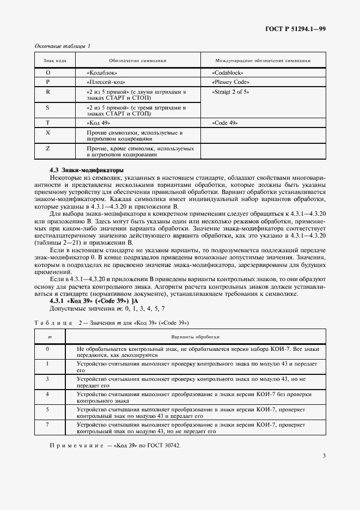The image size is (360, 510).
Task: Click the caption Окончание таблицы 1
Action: coord(62,46)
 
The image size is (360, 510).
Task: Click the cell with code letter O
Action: coord(48,72)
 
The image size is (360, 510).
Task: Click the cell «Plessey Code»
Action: coord(229,82)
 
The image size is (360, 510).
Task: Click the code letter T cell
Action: coord(48,123)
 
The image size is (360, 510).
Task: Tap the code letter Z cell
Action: coord(48,148)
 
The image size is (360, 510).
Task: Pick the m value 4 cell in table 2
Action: coord(48,393)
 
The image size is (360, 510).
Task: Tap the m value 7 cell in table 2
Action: coord(48,423)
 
